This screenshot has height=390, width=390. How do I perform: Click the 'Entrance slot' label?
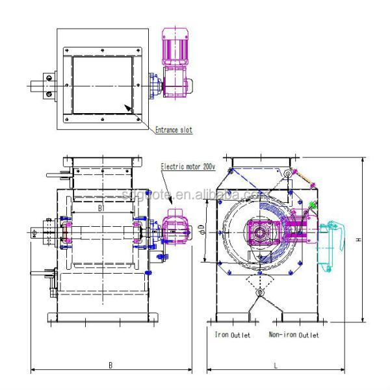click(173, 130)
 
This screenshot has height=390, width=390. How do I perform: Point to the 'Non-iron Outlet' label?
click(294, 335)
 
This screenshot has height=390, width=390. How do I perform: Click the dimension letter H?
click(358, 239)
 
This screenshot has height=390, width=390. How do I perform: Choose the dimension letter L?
click(275, 366)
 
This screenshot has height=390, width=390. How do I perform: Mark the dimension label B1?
click(101, 209)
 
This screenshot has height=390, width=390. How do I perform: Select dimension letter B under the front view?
click(110, 366)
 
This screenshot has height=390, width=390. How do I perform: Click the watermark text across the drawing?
click(195, 194)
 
